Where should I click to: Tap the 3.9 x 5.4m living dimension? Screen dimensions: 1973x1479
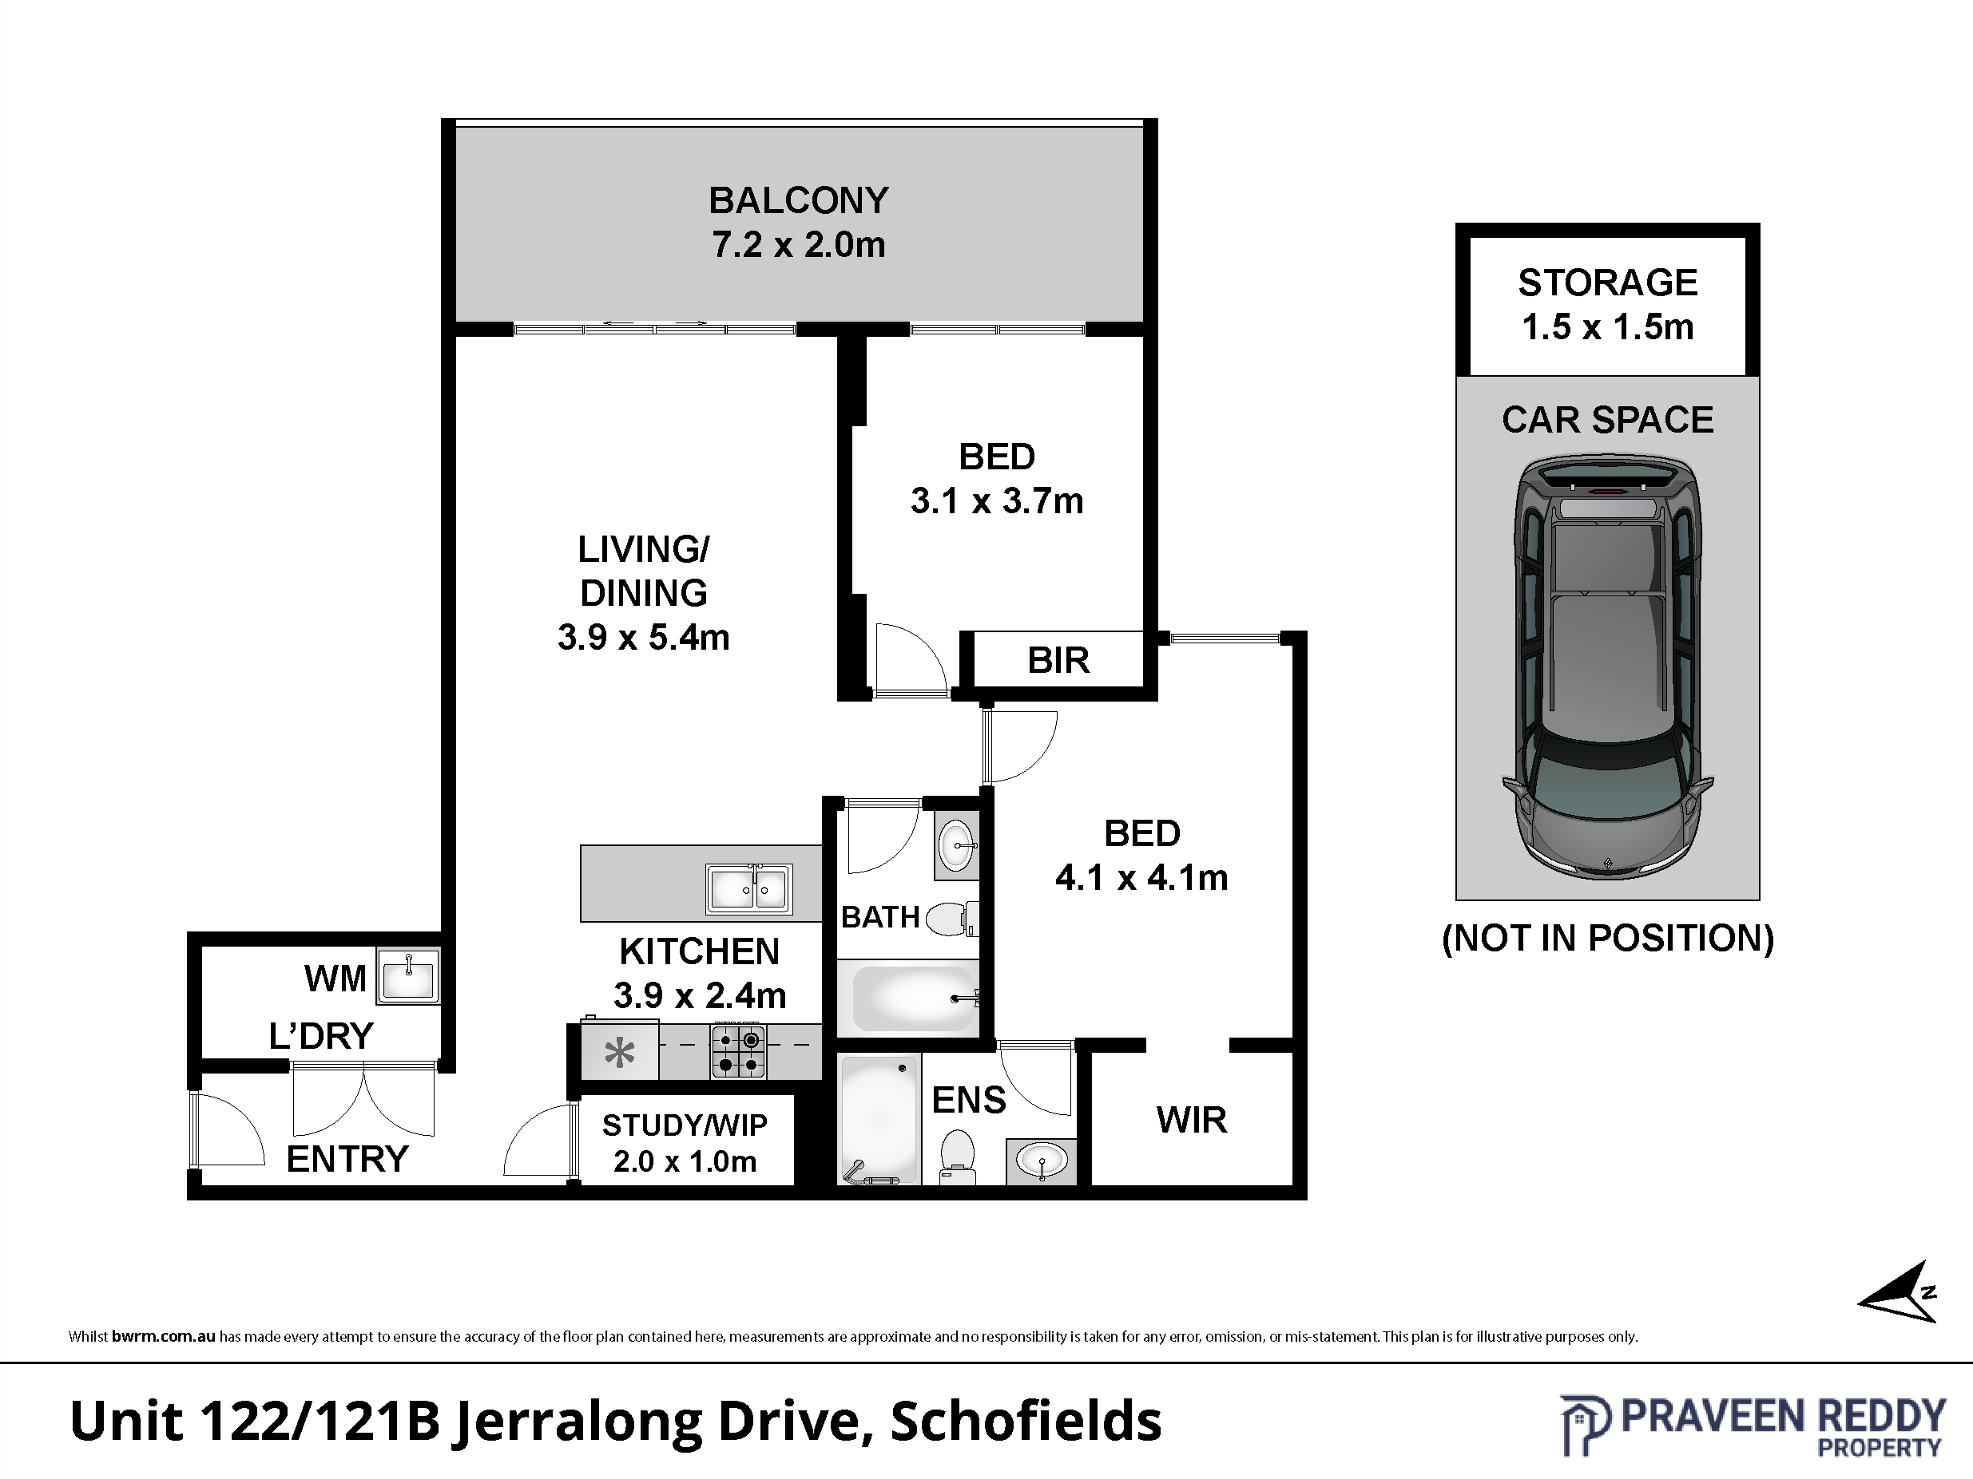pos(644,638)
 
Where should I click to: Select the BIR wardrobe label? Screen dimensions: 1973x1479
pos(1058,661)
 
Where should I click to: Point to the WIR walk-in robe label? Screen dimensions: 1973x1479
pos(1192,1120)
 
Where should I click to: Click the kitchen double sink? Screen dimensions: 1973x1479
pos(749,889)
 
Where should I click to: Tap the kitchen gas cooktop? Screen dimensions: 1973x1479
pos(739,1052)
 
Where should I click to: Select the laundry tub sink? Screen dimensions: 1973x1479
pos(408,976)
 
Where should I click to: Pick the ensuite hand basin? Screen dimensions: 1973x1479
pos(1041,1161)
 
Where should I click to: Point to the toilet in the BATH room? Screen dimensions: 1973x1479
pos(954,918)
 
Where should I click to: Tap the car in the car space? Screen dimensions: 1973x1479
pos(1607,669)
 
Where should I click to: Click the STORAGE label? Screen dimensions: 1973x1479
pos(1607,283)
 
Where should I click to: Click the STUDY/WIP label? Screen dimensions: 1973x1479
pos(684,1125)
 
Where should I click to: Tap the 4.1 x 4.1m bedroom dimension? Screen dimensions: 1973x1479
pos(1141,878)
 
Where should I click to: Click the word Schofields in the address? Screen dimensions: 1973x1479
pos(1026,1421)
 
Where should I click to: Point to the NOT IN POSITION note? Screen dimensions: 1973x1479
pos(1607,938)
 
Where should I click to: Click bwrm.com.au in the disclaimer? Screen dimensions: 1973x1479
pos(163,1336)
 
